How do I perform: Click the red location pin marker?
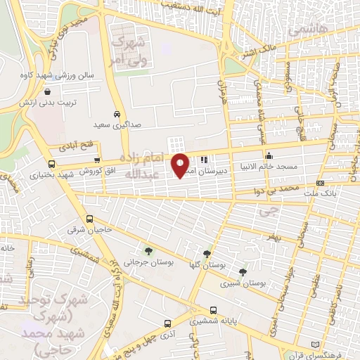coord(181,165)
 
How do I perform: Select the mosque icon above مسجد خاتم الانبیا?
coord(268,156)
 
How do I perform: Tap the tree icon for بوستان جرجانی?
coord(148,250)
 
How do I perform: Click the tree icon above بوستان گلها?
coord(207,254)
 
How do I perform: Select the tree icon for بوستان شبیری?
coord(243,271)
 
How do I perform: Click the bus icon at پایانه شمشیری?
coord(213,310)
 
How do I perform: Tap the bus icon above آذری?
coord(167,323)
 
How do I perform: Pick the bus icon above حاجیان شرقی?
coord(89,219)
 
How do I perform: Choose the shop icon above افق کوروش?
coord(97,161)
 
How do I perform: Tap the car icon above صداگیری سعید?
coord(117,114)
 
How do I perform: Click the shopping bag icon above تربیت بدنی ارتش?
coord(46,91)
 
